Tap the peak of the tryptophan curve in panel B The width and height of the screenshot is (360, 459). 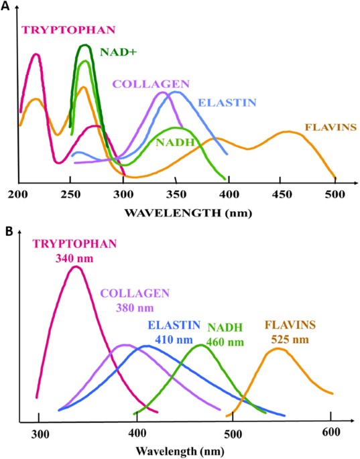(76, 267)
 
